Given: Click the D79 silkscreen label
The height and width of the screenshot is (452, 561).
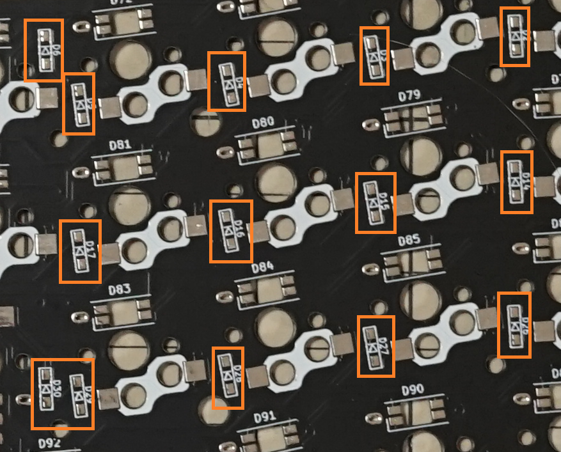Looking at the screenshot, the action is point(409,96).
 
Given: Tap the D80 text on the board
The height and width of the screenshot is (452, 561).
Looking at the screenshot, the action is point(264,121).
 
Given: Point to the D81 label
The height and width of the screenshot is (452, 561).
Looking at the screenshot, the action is point(120,144).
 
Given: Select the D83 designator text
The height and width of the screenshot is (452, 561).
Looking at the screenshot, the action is point(119,290).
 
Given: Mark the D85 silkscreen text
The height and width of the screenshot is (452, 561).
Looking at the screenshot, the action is point(409,241).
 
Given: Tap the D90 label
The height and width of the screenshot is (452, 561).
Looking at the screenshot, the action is point(413,389).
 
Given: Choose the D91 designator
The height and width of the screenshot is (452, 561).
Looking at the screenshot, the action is point(264,417).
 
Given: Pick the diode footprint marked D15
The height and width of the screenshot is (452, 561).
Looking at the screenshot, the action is point(375,203).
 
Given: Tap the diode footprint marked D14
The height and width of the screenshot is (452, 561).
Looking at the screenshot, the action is point(516,182).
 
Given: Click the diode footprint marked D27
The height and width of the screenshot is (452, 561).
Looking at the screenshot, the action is point(375,346).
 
